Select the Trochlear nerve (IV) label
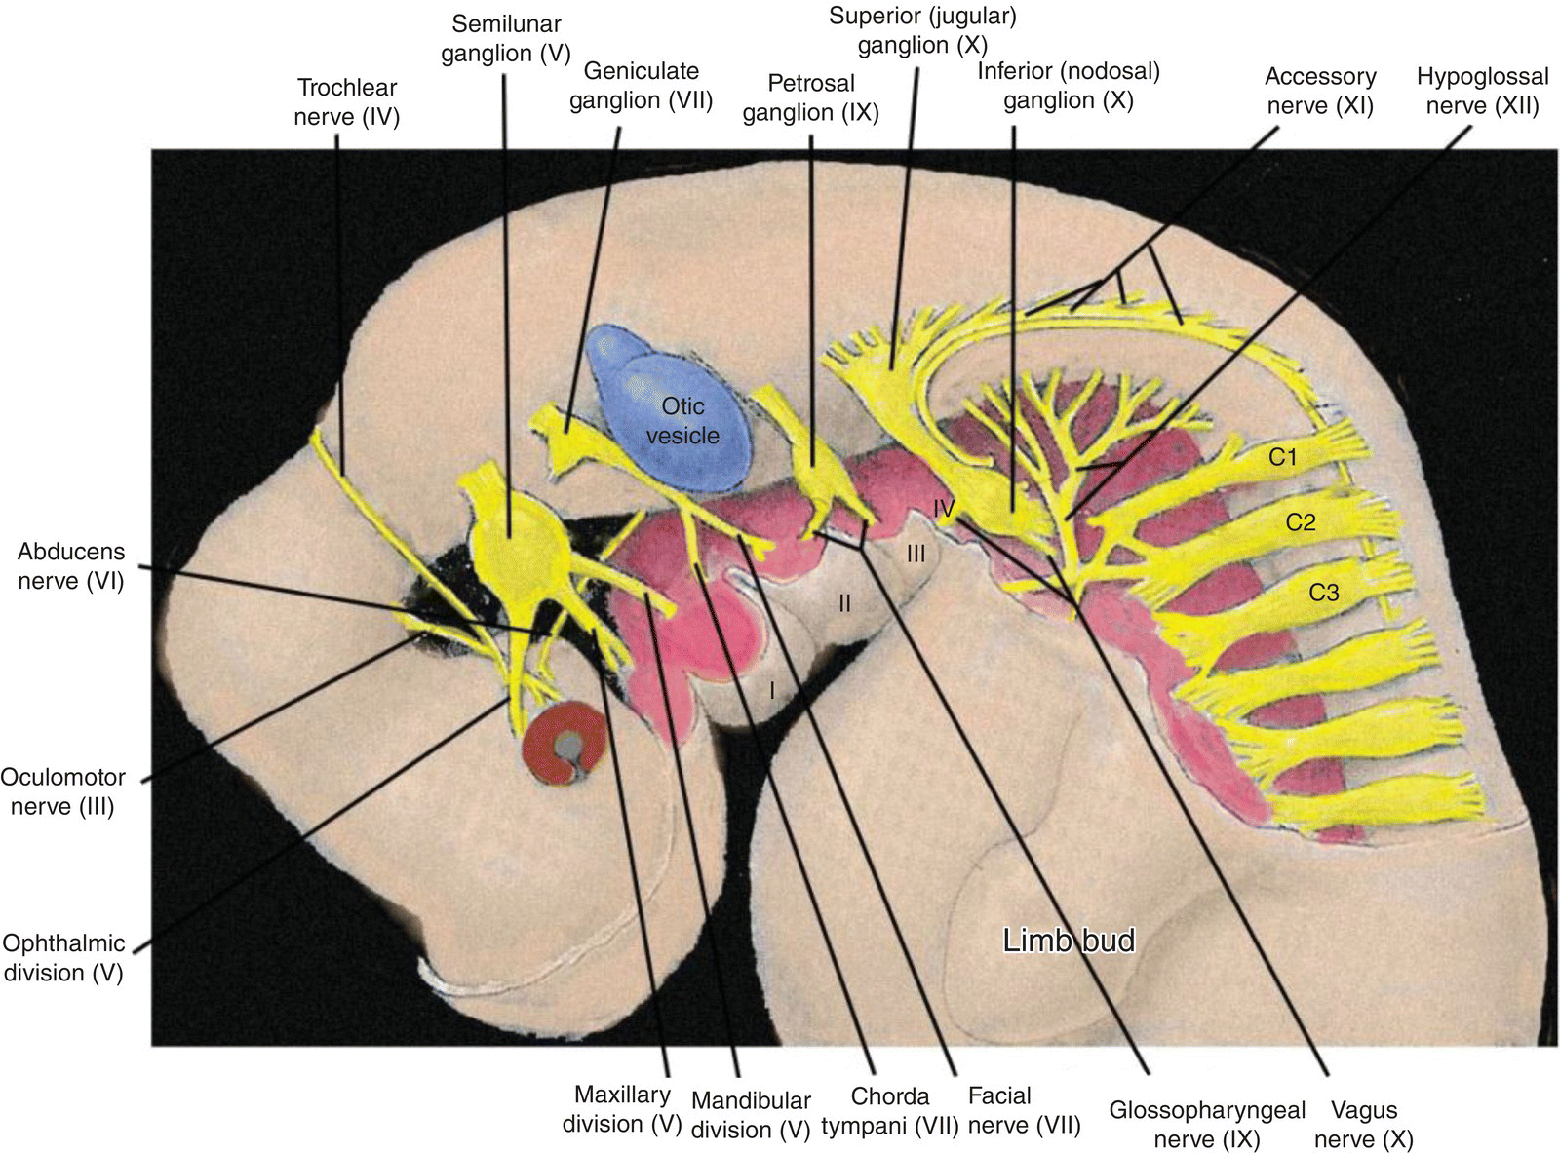347,102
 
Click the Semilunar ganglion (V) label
505,39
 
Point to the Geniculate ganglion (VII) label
641,86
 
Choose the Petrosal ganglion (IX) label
810,98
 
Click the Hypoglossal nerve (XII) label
1482,91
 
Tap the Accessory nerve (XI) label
1320,91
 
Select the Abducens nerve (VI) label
70,566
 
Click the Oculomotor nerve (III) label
63,791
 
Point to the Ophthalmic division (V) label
64,957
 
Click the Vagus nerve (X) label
1364,1125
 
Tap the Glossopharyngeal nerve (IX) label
1207,1125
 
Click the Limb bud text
1070,941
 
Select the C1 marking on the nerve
1283,456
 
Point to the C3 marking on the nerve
1323,592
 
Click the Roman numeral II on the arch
845,604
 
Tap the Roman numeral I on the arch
772,690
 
